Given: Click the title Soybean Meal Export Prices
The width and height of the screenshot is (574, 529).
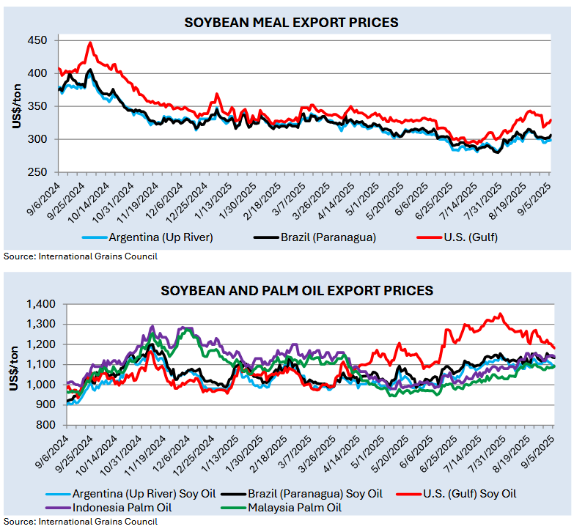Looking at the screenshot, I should pos(291,23).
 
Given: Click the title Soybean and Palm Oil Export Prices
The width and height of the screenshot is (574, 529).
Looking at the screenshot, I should pos(297,291).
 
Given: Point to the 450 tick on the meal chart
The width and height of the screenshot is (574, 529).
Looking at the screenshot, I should pos(38,40).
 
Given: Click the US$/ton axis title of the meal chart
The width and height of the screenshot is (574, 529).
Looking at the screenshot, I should pos(16,106).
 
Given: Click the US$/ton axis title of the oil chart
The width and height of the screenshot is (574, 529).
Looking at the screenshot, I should pos(15,364).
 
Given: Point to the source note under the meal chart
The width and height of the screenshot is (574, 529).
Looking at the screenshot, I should pos(80,256).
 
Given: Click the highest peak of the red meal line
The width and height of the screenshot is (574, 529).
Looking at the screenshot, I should pos(90,42).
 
